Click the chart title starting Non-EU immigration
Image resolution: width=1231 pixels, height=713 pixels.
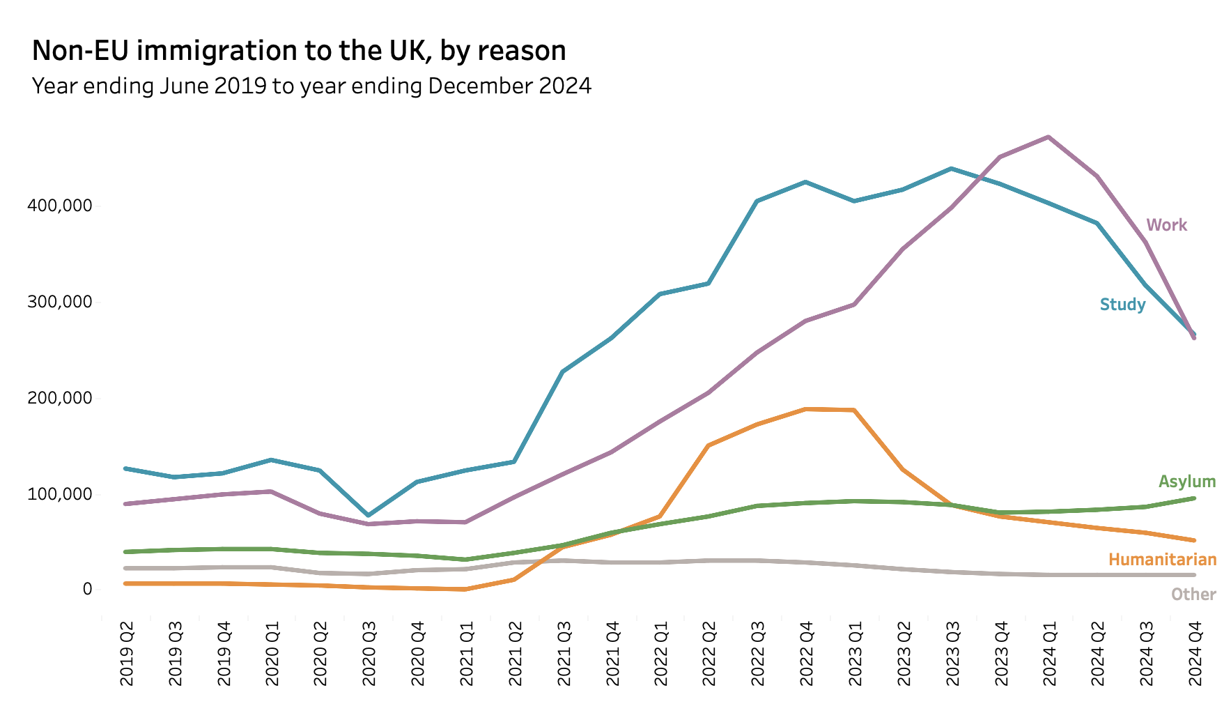pos(299,51)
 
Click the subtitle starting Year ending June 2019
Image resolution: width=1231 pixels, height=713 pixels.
pos(311,86)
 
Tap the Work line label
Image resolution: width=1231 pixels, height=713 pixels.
pos(1166,225)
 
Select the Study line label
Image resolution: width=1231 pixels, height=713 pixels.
pos(1122,305)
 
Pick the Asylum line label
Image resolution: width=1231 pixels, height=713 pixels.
pos(1186,482)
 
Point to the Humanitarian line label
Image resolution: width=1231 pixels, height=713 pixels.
pos(1162,560)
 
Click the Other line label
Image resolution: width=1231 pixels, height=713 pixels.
pos(1193,595)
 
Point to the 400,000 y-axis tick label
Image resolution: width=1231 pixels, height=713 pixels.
pos(59,206)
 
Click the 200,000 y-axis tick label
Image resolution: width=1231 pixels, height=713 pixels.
pos(59,398)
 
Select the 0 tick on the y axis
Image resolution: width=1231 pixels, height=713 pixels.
pos(87,590)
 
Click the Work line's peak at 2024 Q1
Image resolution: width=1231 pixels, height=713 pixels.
pos(1048,137)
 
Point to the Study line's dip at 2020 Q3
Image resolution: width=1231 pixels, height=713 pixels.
pos(369,515)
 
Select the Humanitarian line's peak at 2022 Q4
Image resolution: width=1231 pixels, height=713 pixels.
pos(806,409)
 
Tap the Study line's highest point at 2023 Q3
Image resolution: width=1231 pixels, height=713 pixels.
pos(952,169)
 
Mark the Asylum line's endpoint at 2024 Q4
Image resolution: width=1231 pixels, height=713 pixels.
pos(1194,498)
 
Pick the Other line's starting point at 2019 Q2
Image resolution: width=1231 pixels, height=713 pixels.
pos(126,568)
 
